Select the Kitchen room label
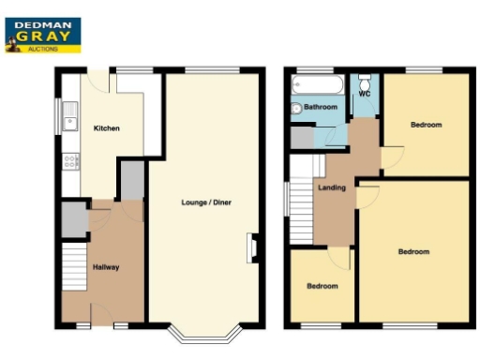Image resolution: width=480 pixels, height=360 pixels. (106, 128)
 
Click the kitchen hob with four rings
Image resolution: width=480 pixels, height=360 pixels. (69, 161)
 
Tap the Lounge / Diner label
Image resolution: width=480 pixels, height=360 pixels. (207, 202)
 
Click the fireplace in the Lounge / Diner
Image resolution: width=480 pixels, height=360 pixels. (250, 247)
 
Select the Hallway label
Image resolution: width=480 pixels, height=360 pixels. (105, 268)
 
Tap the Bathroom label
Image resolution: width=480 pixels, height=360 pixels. (320, 108)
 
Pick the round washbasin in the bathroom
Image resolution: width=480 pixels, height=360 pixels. (297, 109)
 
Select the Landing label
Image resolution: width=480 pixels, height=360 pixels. (332, 187)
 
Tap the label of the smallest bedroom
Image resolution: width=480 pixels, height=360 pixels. (322, 286)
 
